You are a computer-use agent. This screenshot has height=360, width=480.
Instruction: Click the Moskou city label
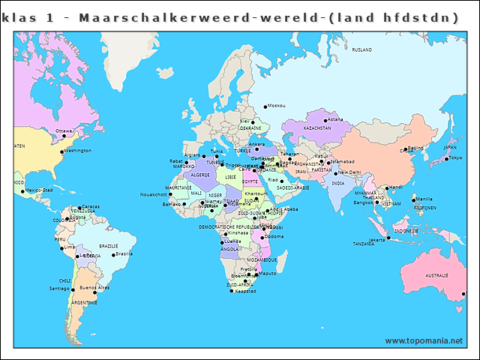276,106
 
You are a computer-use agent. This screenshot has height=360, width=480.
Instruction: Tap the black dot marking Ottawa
64,136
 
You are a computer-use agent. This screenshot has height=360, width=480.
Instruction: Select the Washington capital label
78,151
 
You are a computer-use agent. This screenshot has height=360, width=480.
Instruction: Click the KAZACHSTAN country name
317,128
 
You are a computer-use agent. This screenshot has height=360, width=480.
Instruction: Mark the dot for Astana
325,120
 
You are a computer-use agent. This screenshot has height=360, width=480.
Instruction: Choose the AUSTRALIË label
436,276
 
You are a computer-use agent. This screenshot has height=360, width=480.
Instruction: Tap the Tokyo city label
455,157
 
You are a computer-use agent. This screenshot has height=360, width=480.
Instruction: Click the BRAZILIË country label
109,246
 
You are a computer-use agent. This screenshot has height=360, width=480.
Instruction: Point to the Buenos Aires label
94,287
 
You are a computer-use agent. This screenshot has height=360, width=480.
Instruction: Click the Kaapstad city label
245,291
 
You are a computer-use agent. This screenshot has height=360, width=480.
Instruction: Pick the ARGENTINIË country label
84,302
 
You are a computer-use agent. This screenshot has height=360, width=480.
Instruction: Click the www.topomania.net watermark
424,341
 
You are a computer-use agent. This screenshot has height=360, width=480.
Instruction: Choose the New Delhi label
349,172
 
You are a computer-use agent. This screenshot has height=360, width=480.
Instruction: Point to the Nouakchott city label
152,194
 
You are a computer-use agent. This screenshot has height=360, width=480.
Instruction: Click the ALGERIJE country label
200,174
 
